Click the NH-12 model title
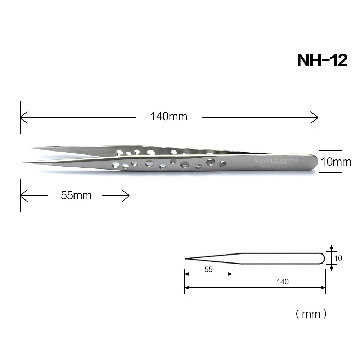click(322, 60)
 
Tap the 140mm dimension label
click(169, 116)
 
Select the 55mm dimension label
click(76, 195)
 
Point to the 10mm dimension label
click(336, 162)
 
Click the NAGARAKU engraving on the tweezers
click(275, 161)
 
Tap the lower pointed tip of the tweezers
click(21, 162)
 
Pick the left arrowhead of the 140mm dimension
click(24, 118)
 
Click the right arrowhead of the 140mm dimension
click(314, 118)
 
